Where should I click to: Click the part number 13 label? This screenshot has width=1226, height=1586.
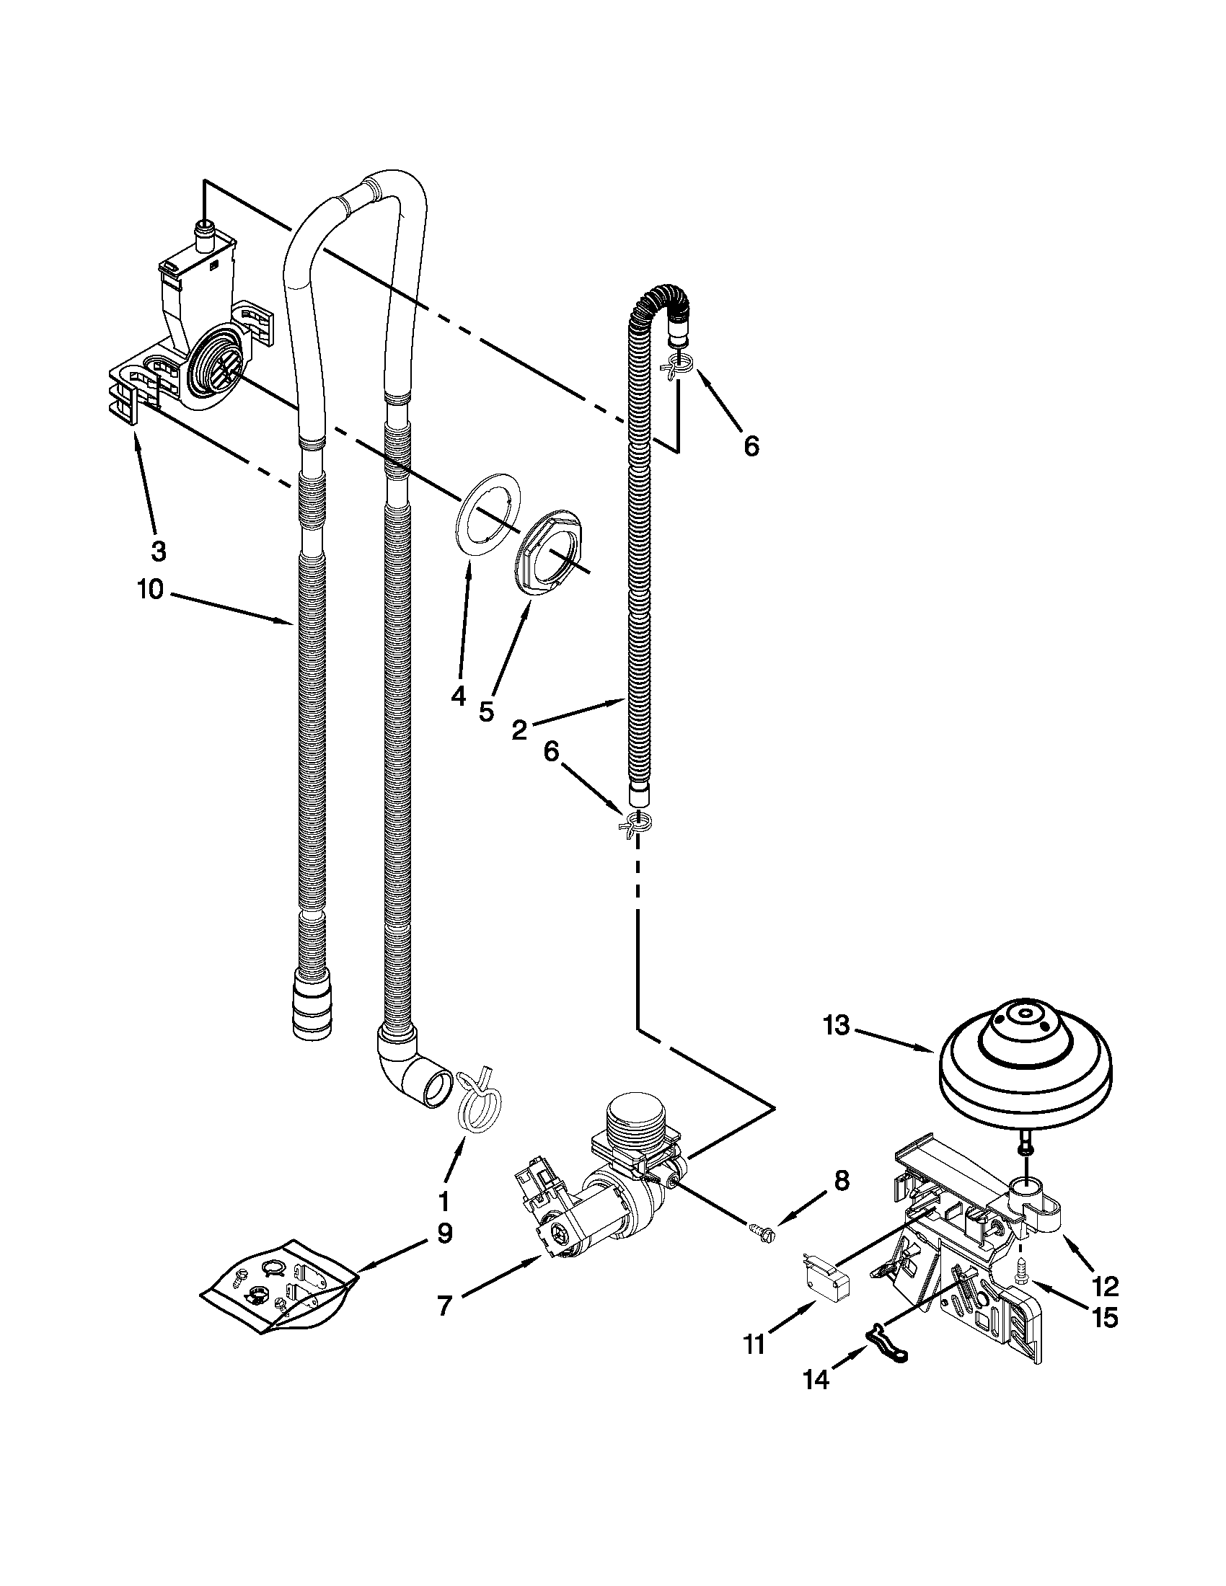pos(837,1027)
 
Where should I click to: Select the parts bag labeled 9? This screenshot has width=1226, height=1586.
pos(280,1285)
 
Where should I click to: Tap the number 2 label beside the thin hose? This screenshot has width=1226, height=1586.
pos(519,730)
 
